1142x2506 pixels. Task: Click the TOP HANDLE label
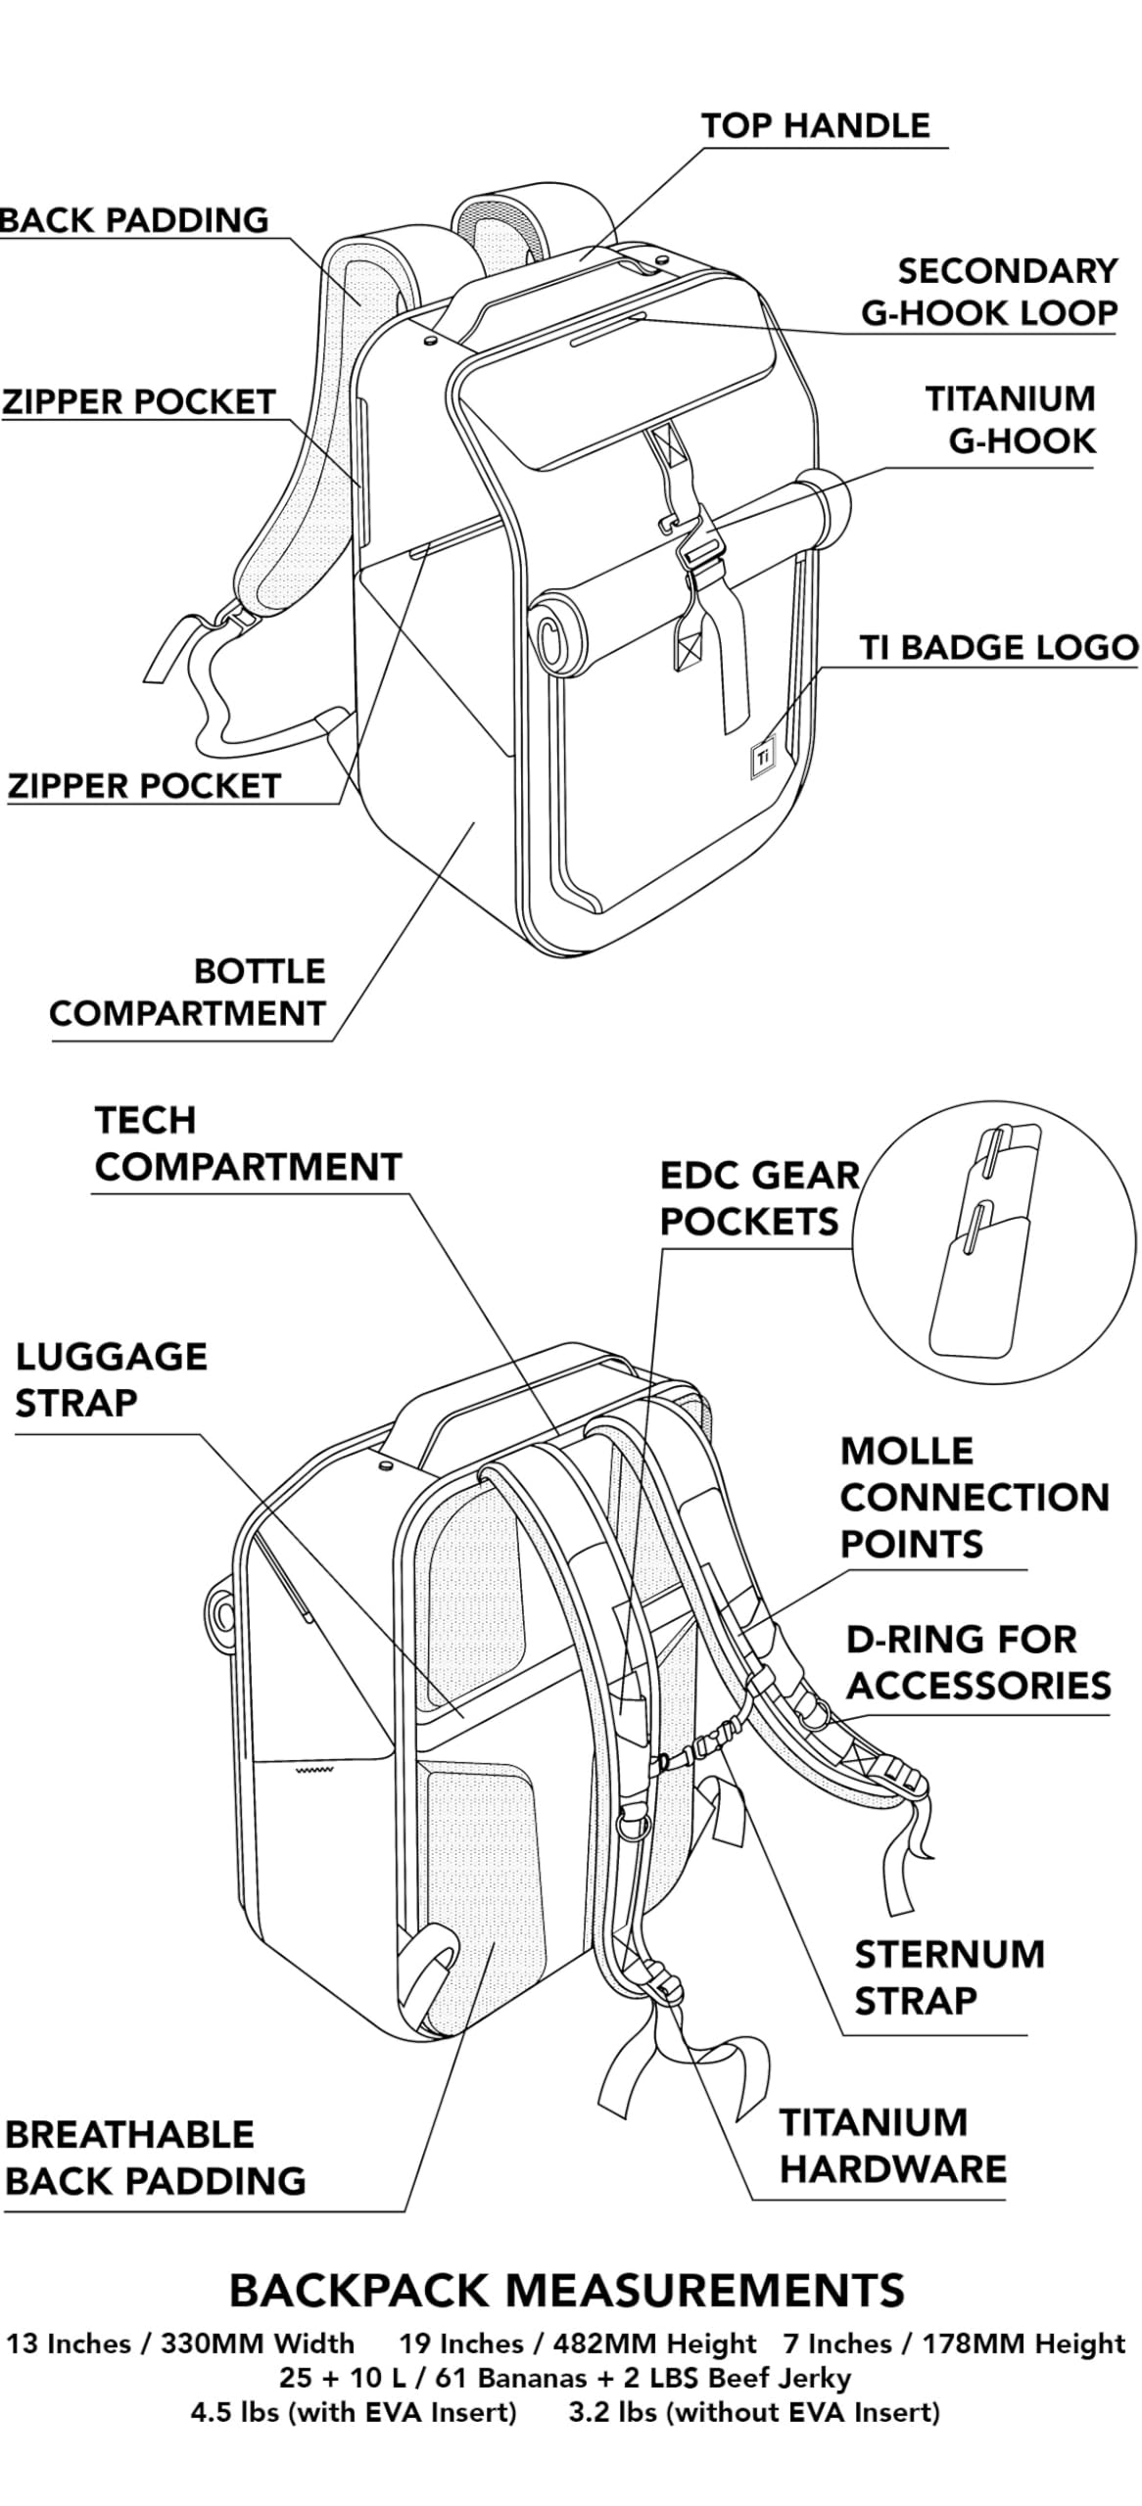pos(815,126)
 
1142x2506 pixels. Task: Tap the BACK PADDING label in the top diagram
pos(134,220)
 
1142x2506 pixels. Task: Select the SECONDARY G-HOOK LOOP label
pos(989,292)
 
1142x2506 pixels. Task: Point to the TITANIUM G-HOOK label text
pos(1010,420)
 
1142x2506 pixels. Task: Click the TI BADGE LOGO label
pos(999,647)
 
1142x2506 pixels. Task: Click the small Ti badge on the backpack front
pos(763,756)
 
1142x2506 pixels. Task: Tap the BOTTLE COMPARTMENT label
pos(187,992)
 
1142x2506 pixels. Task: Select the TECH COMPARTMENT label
pos(248,1143)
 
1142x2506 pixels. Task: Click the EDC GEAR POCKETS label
pos(759,1198)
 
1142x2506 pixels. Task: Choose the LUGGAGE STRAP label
pos(111,1379)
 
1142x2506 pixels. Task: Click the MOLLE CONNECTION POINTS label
pos(974,1497)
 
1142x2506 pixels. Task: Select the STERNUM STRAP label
pos(948,1977)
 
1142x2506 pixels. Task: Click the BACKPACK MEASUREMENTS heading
pos(566,2291)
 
